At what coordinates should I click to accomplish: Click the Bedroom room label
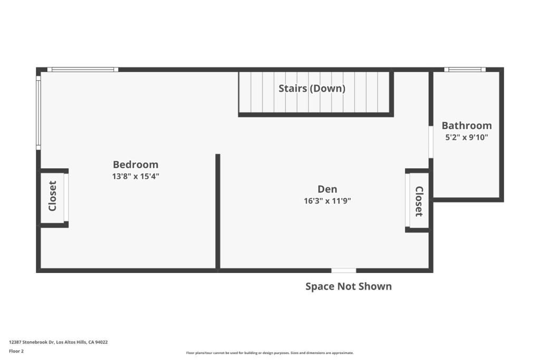click(x=136, y=164)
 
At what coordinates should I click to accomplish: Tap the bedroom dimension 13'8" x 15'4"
click(x=136, y=177)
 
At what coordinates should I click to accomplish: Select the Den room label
click(x=327, y=189)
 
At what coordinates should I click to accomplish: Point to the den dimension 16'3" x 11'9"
click(x=327, y=201)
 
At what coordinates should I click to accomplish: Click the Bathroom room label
click(x=467, y=125)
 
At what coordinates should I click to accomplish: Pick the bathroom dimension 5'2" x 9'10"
click(x=467, y=138)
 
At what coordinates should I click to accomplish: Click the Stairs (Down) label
click(x=312, y=89)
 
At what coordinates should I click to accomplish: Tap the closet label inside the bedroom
click(x=52, y=196)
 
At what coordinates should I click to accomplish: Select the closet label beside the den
click(x=419, y=201)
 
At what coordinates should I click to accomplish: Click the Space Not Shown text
click(x=349, y=286)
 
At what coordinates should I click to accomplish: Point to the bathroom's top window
click(x=465, y=70)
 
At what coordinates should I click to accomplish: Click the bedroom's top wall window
click(x=83, y=70)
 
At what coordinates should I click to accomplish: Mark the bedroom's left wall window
click(x=38, y=112)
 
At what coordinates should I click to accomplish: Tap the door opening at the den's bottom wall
click(x=344, y=270)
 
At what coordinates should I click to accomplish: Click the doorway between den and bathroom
click(x=431, y=141)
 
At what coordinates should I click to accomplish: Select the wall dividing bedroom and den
click(x=218, y=211)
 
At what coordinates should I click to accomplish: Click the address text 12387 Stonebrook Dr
click(x=58, y=342)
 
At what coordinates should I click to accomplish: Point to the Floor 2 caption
click(x=16, y=351)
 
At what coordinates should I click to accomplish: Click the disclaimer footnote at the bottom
click(x=269, y=353)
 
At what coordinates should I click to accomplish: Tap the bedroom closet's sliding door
click(x=66, y=197)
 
